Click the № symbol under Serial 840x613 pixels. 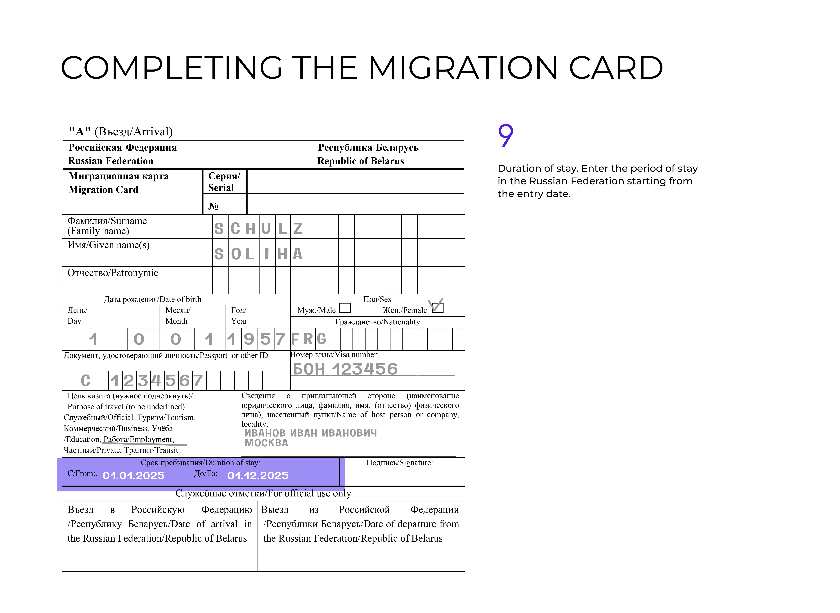[x=213, y=206]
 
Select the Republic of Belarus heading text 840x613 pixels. [x=360, y=161]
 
